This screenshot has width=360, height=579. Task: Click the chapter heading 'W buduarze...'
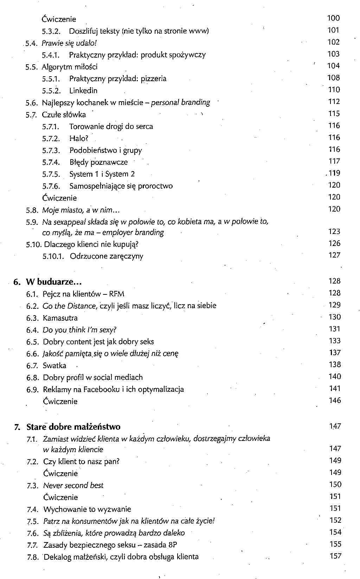click(54, 282)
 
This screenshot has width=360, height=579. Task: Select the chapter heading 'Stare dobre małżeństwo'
click(73, 427)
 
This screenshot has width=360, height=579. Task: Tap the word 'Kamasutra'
click(60, 318)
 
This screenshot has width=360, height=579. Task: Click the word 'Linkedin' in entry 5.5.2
click(83, 91)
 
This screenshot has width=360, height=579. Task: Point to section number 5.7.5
click(51, 174)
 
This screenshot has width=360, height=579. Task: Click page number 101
click(333, 30)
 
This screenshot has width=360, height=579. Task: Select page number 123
click(334, 232)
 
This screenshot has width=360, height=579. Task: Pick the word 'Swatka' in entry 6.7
click(54, 366)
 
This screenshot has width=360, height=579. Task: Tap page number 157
click(335, 556)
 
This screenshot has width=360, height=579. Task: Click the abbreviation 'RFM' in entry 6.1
click(117, 294)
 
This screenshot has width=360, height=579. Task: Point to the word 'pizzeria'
click(154, 79)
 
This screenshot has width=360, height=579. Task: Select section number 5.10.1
click(53, 256)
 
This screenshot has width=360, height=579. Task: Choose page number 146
click(335, 401)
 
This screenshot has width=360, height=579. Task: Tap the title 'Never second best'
click(73, 486)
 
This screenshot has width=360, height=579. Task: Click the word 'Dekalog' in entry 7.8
click(58, 557)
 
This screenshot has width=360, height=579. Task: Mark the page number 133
click(335, 341)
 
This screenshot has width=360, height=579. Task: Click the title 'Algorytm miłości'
click(70, 67)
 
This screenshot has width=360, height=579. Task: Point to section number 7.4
click(32, 509)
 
